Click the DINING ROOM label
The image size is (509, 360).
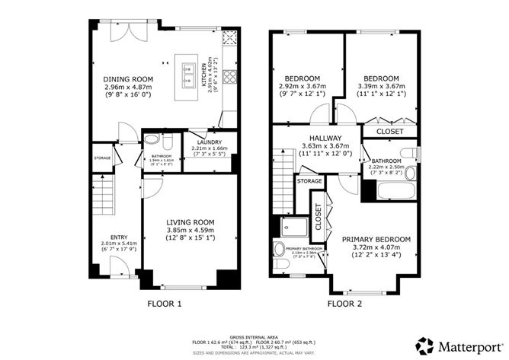pos(128,79)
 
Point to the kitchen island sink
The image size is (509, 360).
pos(187,73)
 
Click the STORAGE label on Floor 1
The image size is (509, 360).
pos(102,158)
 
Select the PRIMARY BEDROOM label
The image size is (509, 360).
pos(376,239)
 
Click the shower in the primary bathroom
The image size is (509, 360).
pos(292,226)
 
